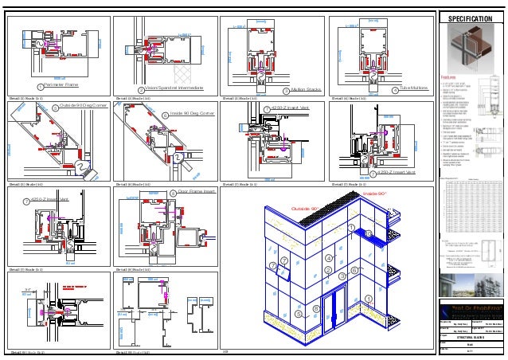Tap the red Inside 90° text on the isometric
click(x=374, y=194)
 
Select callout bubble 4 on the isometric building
click(x=328, y=258)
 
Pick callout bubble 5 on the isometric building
click(x=300, y=314)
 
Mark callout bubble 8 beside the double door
click(x=316, y=307)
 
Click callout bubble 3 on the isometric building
click(x=343, y=276)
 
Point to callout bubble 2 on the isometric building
click(x=328, y=271)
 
